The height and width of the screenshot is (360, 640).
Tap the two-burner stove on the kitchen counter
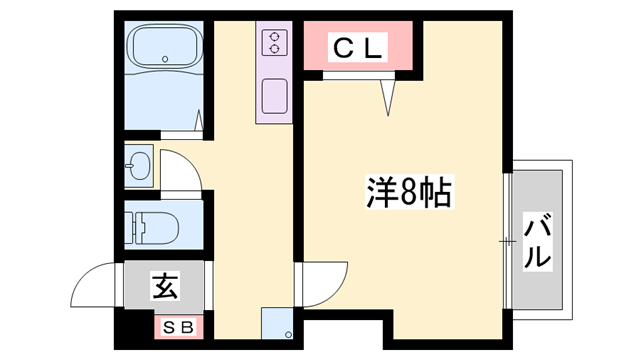pyautogui.click(x=272, y=42)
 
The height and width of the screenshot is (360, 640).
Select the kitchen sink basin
pyautogui.click(x=272, y=98)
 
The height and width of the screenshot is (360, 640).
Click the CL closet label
pyautogui.click(x=358, y=46)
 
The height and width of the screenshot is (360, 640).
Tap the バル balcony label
pyautogui.click(x=538, y=240)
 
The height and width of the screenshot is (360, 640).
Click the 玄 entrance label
pyautogui.click(x=165, y=287)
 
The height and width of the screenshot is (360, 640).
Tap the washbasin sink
pyautogui.click(x=139, y=166)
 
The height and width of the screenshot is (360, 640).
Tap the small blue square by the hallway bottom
pyautogui.click(x=277, y=325)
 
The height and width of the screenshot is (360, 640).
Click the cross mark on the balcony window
pyautogui.click(x=508, y=240)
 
